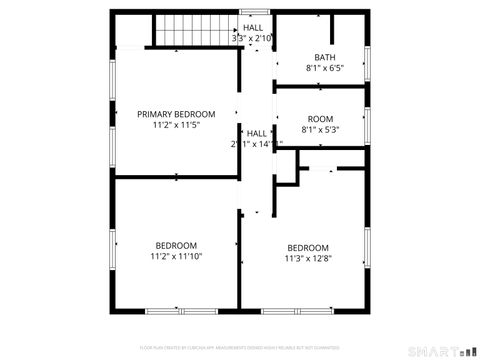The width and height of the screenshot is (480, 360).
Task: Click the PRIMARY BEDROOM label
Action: (176, 114)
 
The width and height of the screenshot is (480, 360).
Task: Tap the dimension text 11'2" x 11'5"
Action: (176, 125)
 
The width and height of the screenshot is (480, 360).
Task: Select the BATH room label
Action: (325, 57)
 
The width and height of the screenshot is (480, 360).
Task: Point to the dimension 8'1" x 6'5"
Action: (325, 69)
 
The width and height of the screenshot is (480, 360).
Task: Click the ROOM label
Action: (321, 118)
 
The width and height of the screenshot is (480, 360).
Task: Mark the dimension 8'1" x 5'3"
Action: (321, 129)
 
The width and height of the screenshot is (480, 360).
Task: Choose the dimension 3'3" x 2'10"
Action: (252, 38)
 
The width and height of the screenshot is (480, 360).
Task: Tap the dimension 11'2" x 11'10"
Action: (176, 256)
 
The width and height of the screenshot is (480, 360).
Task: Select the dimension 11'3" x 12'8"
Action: (308, 259)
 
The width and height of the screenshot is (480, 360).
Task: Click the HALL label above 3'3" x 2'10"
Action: (253, 27)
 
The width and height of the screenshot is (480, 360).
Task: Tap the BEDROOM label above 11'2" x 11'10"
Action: (176, 245)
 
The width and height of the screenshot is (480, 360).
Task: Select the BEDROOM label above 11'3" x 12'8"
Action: (308, 248)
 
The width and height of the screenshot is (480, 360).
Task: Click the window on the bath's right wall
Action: (368, 62)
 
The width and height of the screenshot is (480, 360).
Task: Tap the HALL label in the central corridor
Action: (257, 133)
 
